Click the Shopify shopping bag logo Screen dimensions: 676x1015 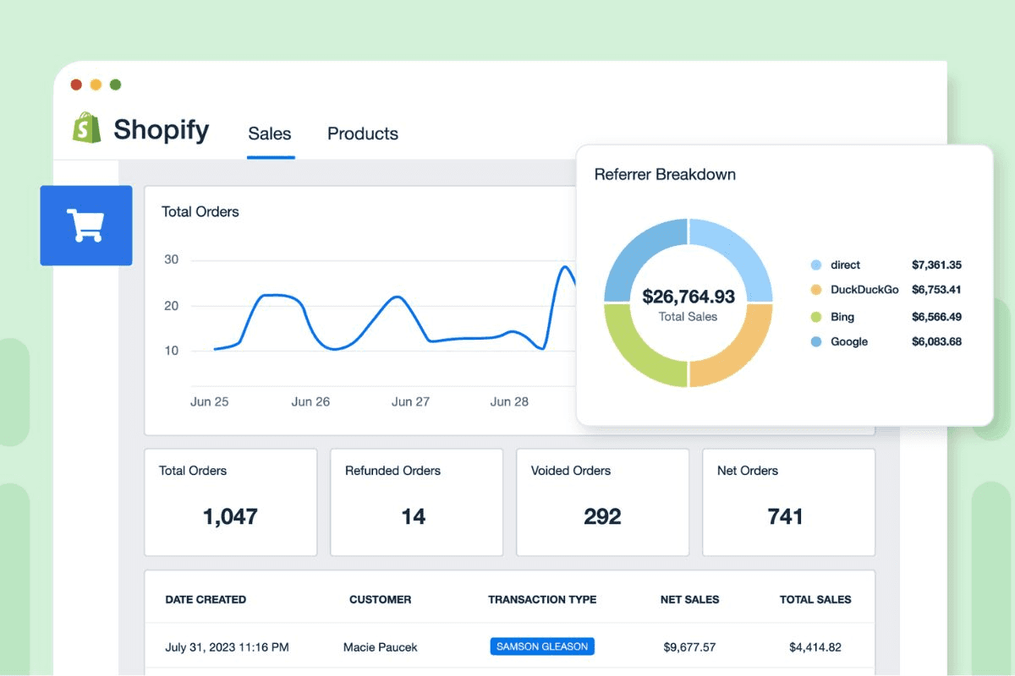click(86, 128)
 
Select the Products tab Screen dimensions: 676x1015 click(362, 134)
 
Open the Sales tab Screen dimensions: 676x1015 click(270, 134)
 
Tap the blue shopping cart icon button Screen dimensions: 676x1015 click(86, 226)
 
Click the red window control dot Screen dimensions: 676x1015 click(76, 84)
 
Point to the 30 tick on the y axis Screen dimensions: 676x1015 click(171, 259)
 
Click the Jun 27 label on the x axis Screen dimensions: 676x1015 click(410, 401)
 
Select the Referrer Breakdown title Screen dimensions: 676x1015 click(665, 175)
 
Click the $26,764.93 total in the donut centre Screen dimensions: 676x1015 click(688, 297)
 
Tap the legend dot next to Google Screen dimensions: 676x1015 click(816, 342)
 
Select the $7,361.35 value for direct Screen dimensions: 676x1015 click(936, 264)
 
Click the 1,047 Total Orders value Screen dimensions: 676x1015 click(230, 516)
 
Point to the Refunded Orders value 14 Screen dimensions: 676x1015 click(413, 516)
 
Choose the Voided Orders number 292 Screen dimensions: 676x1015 click(602, 516)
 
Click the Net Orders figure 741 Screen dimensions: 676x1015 click(785, 516)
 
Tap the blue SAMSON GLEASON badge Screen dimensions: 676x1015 click(542, 646)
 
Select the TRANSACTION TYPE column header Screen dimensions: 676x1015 click(542, 599)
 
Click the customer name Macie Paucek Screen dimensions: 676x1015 click(380, 647)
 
